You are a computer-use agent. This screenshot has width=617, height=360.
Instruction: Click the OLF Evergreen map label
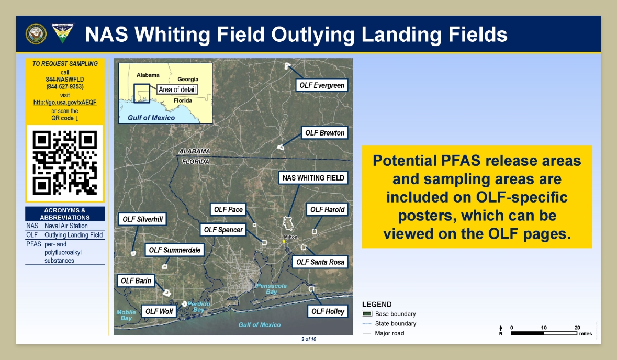[322, 85]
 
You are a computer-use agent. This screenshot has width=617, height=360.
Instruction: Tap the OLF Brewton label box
[324, 133]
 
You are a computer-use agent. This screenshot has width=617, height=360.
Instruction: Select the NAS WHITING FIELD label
[313, 178]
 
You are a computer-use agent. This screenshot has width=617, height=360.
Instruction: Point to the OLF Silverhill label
[142, 219]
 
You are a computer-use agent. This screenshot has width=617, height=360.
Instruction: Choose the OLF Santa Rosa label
[320, 262]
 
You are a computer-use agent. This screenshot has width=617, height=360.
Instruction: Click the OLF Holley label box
[328, 312]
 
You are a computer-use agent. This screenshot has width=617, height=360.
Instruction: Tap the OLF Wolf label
[159, 312]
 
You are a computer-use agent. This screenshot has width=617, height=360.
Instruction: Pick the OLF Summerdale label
[175, 250]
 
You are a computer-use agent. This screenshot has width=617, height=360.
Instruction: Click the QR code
[65, 163]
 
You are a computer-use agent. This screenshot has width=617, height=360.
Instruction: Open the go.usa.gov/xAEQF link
[65, 102]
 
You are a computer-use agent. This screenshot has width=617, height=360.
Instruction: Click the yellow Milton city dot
[283, 242]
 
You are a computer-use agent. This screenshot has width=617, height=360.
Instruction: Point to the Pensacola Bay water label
[272, 288]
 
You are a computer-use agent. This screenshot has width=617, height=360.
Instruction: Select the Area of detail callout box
[177, 89]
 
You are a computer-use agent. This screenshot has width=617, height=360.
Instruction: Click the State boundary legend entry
[389, 324]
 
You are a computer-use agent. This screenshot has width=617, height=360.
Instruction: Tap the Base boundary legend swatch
[367, 314]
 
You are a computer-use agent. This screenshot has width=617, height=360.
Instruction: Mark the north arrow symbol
[501, 330]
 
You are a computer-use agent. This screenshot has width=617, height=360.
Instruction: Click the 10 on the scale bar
[544, 328]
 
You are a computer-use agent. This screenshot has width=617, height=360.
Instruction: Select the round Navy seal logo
[36, 33]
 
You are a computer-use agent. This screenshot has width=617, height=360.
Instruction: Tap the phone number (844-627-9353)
[65, 86]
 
